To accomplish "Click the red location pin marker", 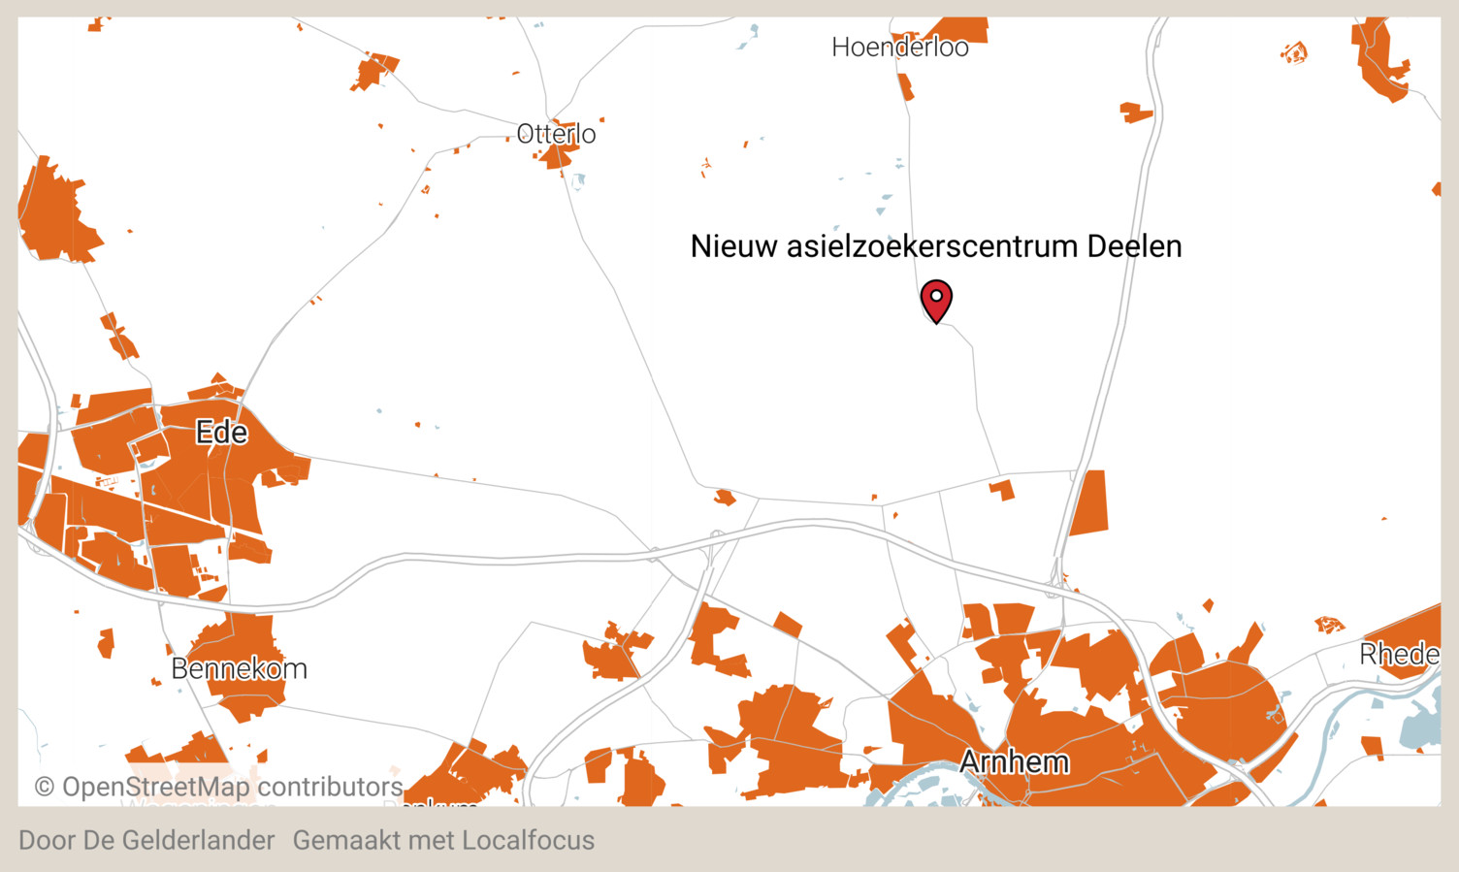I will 936,299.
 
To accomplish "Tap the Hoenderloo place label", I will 899,47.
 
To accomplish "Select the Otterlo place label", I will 556,133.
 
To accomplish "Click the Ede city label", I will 221,432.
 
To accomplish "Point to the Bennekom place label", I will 239,668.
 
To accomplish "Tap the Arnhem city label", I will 1014,761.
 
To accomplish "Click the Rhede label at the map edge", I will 1398,655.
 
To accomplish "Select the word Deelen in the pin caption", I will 1134,246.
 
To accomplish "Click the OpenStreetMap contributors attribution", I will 219,787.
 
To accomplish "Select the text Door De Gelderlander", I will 146,840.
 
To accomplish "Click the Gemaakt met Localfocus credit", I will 443,840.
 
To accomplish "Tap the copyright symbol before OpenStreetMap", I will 45,787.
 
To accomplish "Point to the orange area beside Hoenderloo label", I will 965,29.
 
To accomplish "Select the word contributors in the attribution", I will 330,787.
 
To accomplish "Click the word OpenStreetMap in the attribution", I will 156,787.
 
